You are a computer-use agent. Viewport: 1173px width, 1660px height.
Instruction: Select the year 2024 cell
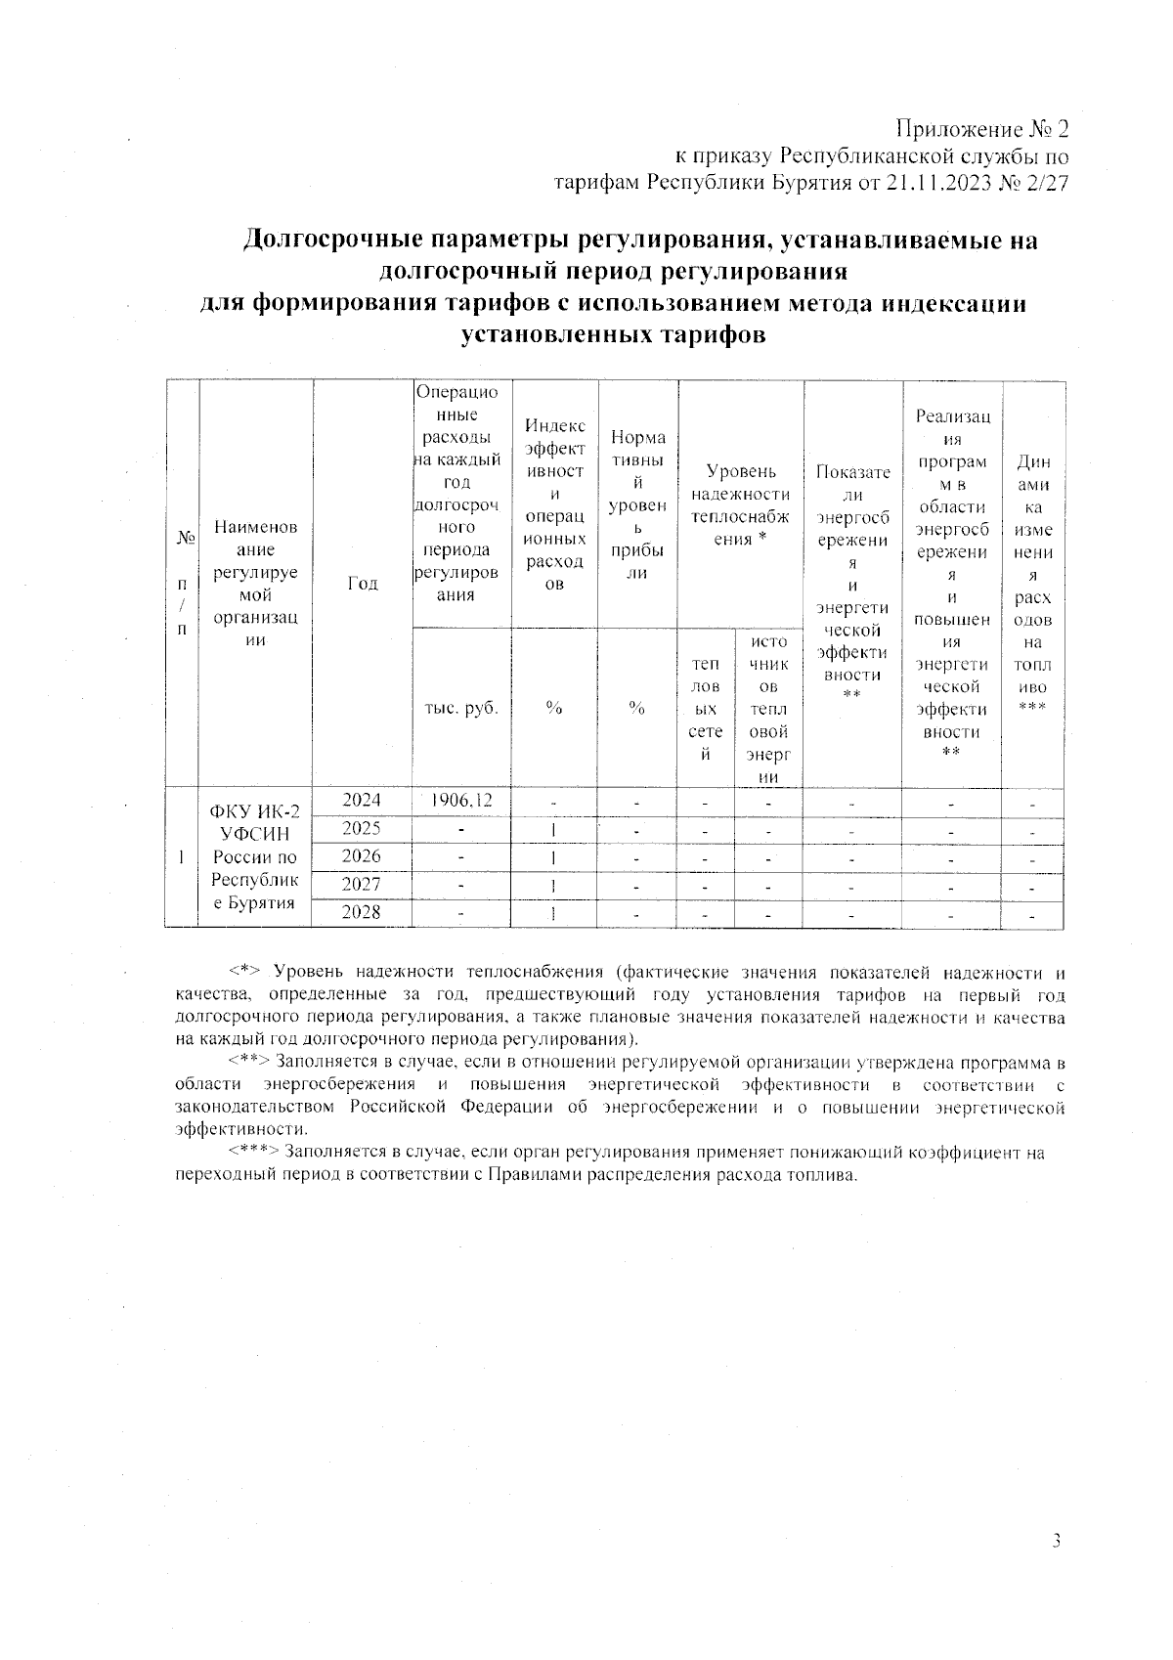[x=362, y=800]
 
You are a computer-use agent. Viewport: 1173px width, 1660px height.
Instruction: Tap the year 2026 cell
[x=362, y=855]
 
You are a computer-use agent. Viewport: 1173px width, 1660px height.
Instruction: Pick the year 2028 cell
[x=362, y=912]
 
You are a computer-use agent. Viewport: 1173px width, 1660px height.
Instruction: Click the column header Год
[x=362, y=584]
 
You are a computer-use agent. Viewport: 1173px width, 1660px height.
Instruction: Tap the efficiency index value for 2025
[x=554, y=829]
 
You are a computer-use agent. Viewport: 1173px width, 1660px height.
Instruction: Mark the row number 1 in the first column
[x=182, y=855]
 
